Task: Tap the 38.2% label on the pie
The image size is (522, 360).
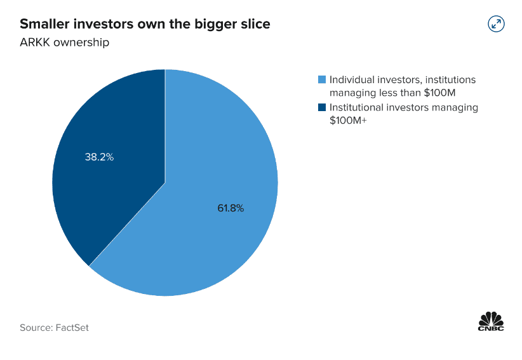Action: tap(99, 157)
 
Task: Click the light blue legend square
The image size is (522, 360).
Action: tap(322, 80)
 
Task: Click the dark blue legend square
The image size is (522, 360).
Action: tap(322, 107)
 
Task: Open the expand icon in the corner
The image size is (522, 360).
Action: tap(495, 24)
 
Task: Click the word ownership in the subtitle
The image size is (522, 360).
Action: tap(80, 43)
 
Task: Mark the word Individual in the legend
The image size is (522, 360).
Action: tap(351, 80)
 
